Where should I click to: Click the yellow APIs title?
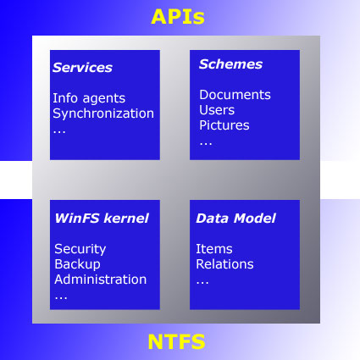click(x=178, y=17)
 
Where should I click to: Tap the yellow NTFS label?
click(x=176, y=341)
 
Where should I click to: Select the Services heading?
click(x=82, y=68)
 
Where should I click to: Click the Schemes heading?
click(x=230, y=64)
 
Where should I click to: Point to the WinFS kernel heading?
click(x=102, y=219)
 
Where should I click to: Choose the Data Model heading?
click(x=235, y=219)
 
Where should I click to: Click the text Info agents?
click(x=89, y=98)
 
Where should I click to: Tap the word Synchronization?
click(x=103, y=114)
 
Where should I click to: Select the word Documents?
click(x=235, y=95)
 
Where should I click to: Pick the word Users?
click(x=217, y=110)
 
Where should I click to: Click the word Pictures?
click(x=224, y=125)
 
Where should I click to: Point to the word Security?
click(x=80, y=249)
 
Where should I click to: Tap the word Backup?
click(x=77, y=264)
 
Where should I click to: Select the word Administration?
click(x=101, y=280)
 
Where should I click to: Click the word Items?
click(x=214, y=249)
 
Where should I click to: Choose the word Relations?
click(x=224, y=264)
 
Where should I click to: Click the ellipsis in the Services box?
click(x=59, y=132)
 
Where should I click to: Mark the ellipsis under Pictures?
click(x=206, y=144)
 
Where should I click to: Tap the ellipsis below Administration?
click(x=61, y=298)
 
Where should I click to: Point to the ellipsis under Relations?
click(x=202, y=283)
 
